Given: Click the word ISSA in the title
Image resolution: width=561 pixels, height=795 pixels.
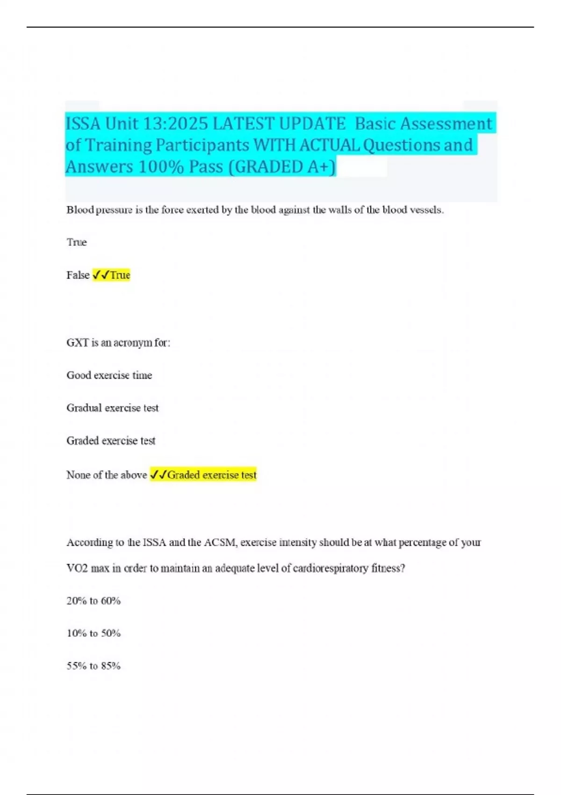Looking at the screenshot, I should [x=83, y=124].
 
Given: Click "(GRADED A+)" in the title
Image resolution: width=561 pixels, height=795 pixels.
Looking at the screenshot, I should [x=282, y=167].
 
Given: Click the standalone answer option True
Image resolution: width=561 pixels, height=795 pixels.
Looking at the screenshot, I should [x=77, y=242].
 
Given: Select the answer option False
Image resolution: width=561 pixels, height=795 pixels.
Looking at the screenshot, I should [x=78, y=275].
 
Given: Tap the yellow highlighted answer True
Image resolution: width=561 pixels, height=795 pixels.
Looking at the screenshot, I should [x=120, y=275].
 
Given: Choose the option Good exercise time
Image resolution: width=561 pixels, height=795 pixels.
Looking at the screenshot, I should [x=109, y=375].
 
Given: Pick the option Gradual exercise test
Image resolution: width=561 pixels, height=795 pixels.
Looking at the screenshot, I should [x=112, y=408].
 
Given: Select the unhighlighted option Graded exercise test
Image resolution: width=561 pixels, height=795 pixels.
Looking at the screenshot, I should [x=111, y=441].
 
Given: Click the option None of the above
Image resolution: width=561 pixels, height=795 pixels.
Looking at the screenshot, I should [x=107, y=475].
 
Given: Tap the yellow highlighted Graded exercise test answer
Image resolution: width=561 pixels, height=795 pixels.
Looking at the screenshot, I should [x=211, y=475].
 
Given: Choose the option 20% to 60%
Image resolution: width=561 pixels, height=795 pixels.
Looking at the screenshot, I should [x=93, y=601].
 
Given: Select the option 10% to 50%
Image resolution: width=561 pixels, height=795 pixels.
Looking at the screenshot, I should [x=93, y=633].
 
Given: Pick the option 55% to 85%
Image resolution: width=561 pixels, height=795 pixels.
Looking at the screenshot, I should [x=93, y=666].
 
